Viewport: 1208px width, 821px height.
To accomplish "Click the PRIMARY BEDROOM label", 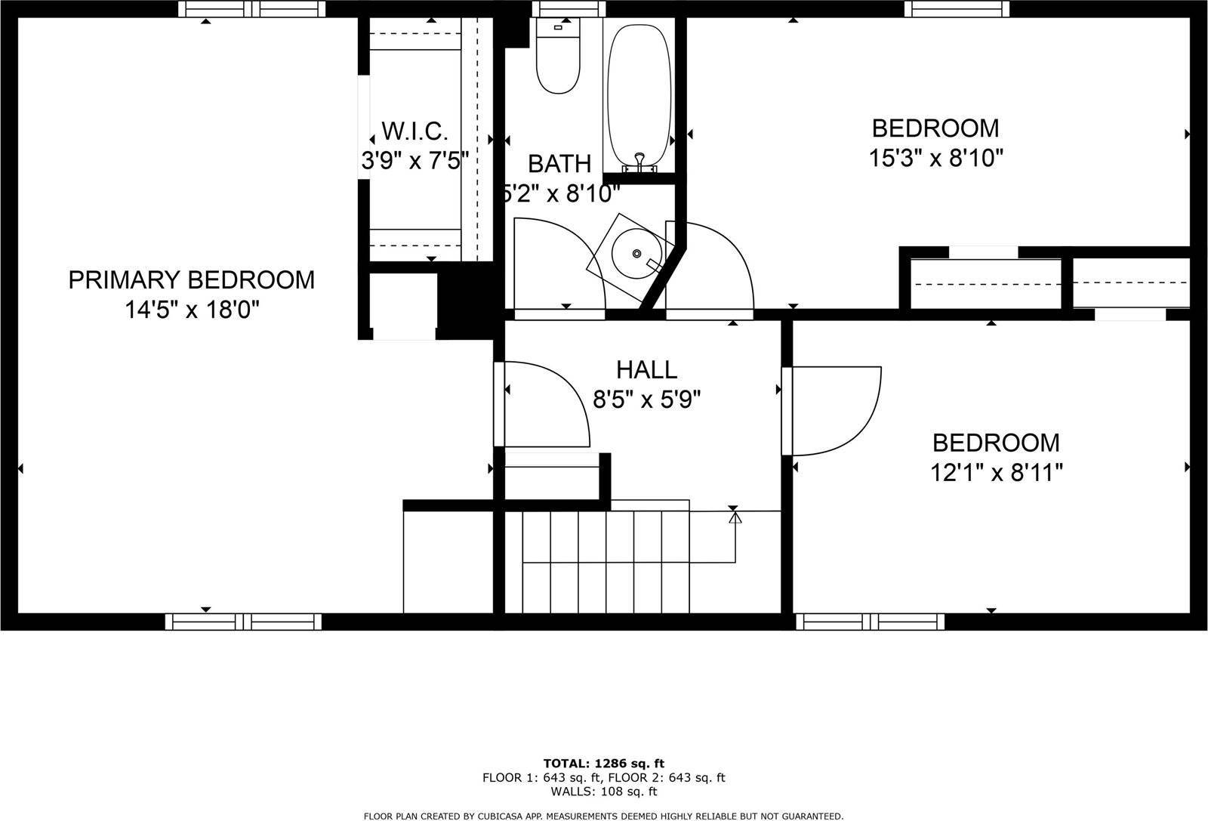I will coord(191,280).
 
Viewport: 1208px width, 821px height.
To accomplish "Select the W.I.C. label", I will coord(414,131).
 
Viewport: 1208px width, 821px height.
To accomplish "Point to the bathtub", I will coord(639,94).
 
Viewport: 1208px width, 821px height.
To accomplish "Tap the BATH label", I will coord(559,163).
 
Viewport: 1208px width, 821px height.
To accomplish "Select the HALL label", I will coord(646,369).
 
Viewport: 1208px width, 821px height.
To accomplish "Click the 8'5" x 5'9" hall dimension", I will coord(646,400).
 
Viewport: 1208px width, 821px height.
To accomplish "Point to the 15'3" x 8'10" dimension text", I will coord(935,159).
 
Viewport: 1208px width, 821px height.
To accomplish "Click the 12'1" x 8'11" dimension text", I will coord(996,473).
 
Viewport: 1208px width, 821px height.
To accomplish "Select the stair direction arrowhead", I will coord(735,518).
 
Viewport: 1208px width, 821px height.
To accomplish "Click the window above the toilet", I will coord(568,8).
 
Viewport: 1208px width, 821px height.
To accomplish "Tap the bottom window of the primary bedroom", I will coord(243,622).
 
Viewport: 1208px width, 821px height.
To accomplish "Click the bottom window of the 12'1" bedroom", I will coord(871,622).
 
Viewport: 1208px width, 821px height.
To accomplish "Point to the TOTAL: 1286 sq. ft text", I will coord(603,763).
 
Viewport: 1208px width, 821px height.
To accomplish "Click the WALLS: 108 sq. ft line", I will coord(603,792).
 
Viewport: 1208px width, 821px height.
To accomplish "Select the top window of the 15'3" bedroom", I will coord(957,8).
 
